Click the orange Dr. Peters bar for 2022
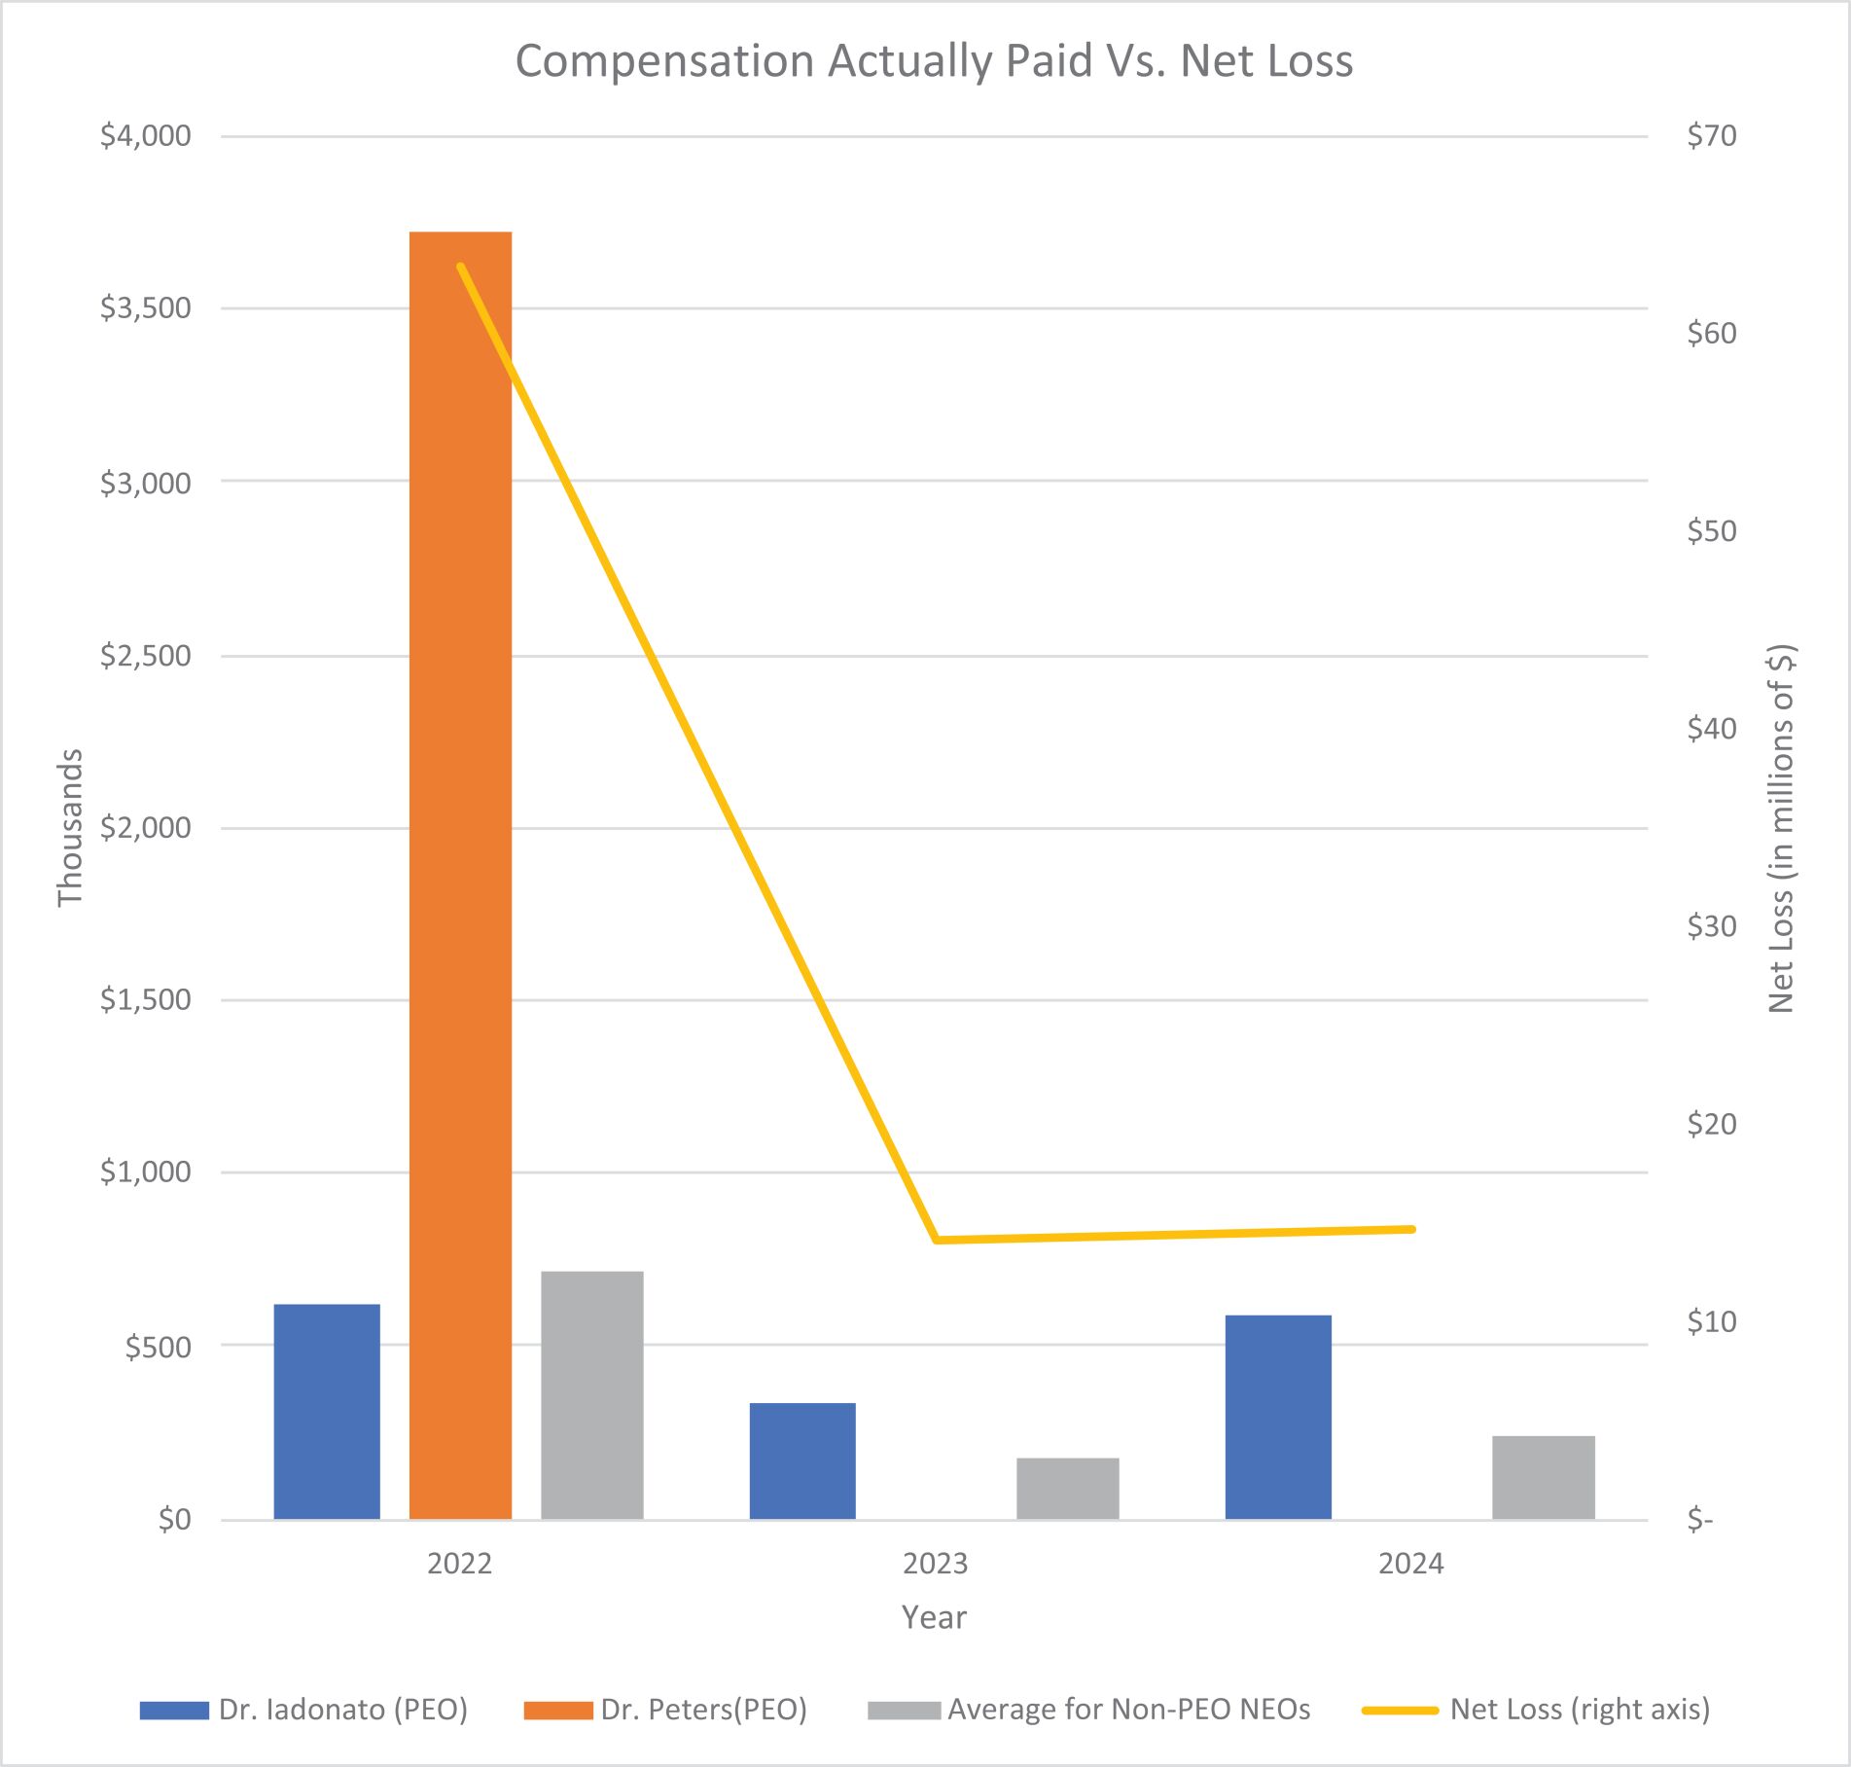click(460, 876)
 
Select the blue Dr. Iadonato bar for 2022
click(327, 1411)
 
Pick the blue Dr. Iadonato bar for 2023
click(802, 1460)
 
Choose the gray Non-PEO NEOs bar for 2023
click(1068, 1488)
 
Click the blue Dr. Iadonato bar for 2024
click(1278, 1417)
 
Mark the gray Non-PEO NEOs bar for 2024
click(1544, 1477)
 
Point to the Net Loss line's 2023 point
click(936, 1240)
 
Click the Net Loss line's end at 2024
click(1411, 1229)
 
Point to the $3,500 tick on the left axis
click(146, 308)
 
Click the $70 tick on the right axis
click(1712, 135)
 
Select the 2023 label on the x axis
click(936, 1564)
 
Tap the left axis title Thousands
click(70, 827)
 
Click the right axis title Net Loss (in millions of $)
click(1781, 828)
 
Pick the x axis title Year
click(934, 1617)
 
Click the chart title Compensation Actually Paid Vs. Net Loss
click(934, 60)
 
